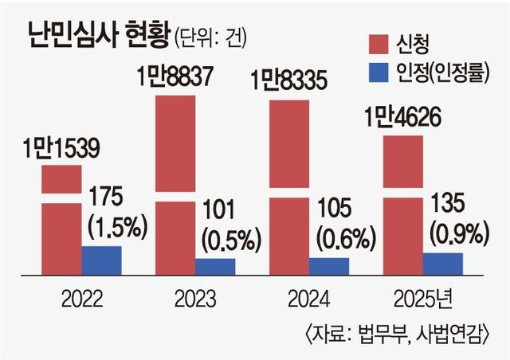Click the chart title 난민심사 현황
tap(94, 34)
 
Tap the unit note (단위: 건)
tap(206, 36)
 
